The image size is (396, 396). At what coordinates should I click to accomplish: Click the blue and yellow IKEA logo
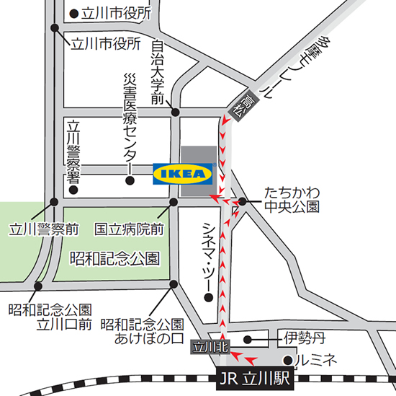pos(184,173)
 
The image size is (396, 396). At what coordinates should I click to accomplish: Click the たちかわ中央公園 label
pos(292,200)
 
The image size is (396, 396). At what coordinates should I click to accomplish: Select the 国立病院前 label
pos(130,229)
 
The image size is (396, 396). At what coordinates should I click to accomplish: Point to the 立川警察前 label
pos(44,229)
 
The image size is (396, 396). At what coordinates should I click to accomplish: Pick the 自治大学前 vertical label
pos(158,72)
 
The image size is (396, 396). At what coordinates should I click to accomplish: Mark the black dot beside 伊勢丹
pos(248,338)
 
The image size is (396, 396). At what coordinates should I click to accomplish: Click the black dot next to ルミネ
pos(287,358)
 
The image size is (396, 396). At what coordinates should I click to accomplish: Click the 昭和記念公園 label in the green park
pos(114,258)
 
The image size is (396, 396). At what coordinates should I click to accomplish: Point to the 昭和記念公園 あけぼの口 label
pos(142,332)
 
